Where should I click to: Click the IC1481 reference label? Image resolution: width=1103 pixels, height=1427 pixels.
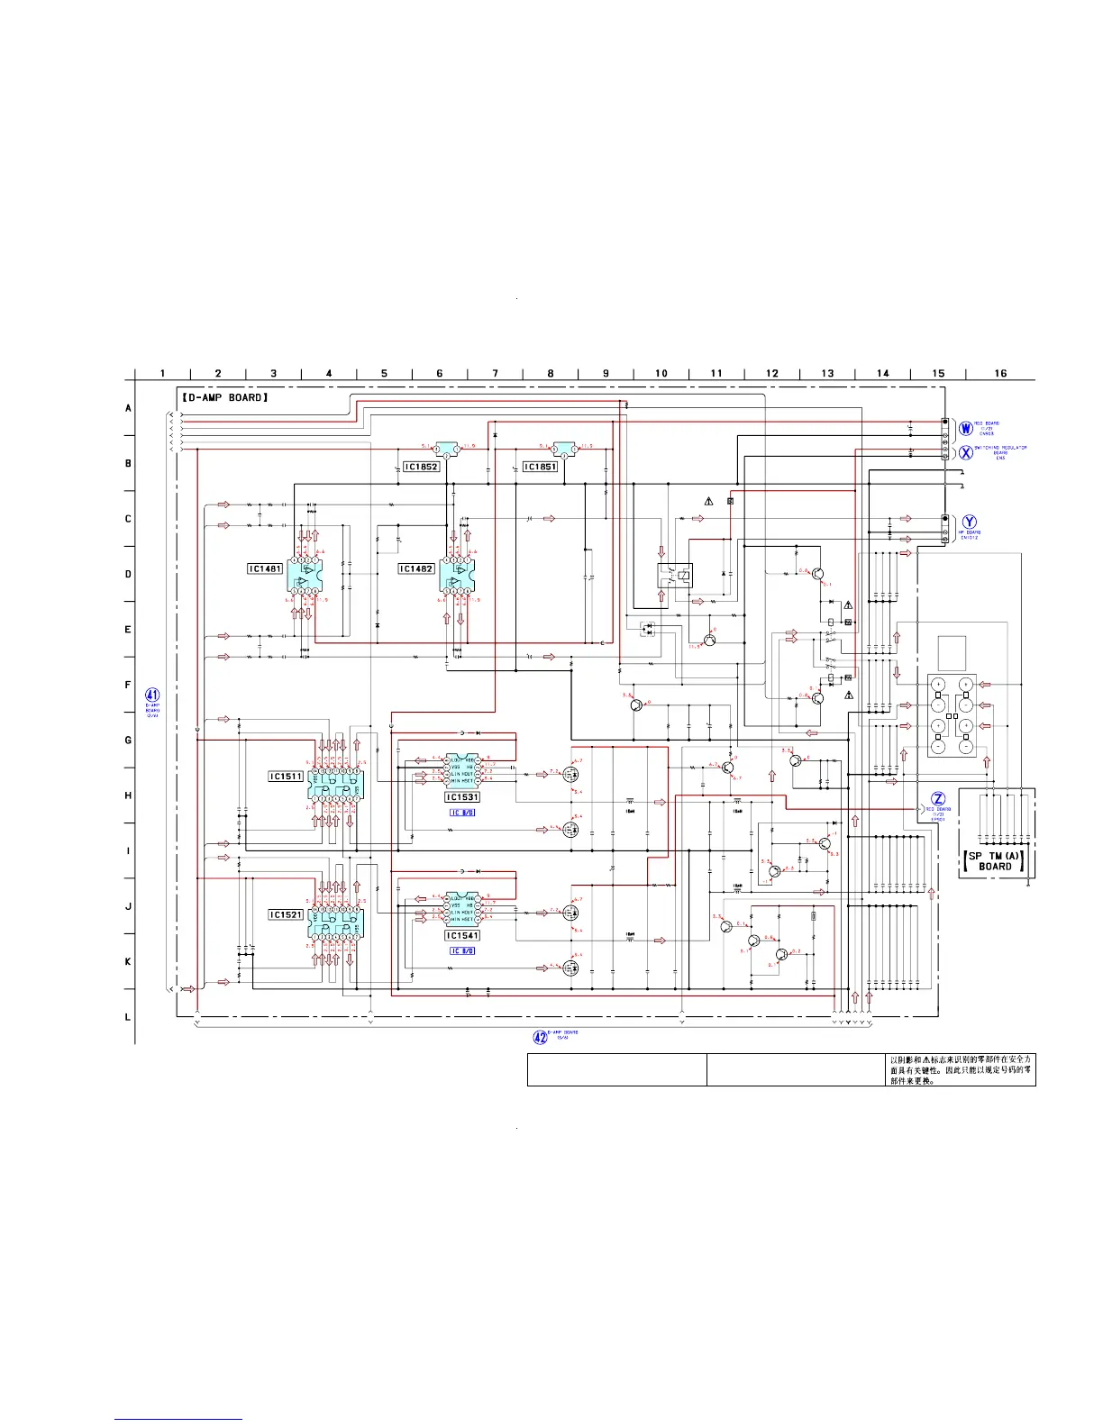(x=265, y=568)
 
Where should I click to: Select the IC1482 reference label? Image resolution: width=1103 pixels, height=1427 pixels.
(x=416, y=568)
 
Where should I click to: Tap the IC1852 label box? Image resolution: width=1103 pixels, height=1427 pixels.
(x=421, y=467)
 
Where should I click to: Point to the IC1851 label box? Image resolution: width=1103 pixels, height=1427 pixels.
(x=540, y=467)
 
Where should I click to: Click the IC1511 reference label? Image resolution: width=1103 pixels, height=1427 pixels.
(x=286, y=776)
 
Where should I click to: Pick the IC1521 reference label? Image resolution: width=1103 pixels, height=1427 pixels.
(x=286, y=914)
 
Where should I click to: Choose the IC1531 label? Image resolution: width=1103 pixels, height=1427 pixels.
(x=462, y=797)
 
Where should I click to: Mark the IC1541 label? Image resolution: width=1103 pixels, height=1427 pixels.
(x=462, y=936)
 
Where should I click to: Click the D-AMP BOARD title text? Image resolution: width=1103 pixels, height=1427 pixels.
(x=224, y=397)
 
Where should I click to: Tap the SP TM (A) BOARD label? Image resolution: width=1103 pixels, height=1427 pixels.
(x=994, y=861)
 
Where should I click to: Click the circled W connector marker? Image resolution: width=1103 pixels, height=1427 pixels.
(x=965, y=428)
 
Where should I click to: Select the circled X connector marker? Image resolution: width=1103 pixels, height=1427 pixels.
(x=965, y=452)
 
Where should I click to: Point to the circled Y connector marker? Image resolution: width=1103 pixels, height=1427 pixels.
(x=969, y=522)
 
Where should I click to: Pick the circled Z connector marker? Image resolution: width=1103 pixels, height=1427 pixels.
(x=938, y=799)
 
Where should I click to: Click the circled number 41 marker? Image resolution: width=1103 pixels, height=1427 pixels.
(x=152, y=695)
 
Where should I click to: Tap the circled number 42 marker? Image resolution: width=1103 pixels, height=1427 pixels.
(x=540, y=1037)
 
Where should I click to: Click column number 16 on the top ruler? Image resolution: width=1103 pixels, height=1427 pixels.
(x=1000, y=373)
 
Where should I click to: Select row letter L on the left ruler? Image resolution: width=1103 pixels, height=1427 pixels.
(x=128, y=1017)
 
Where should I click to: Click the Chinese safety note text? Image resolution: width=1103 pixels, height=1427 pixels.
(x=961, y=1070)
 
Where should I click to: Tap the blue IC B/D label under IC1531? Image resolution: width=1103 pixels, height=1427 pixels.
(x=462, y=813)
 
